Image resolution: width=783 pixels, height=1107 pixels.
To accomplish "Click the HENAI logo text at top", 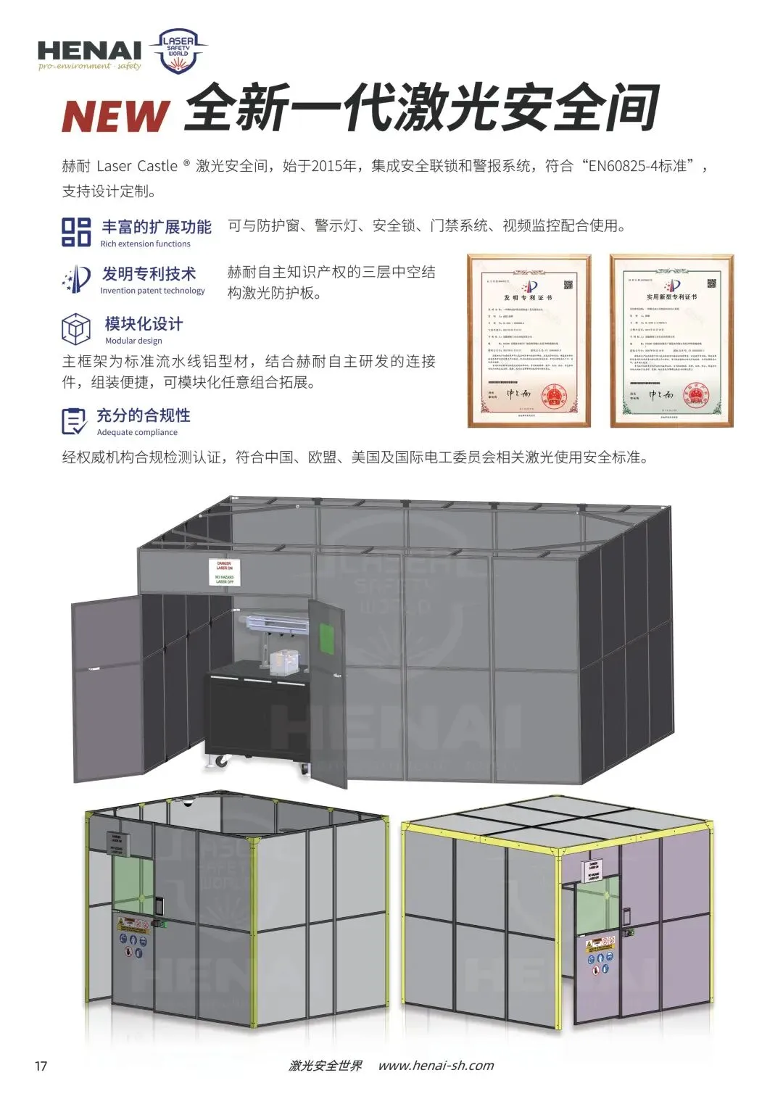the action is click(89, 50).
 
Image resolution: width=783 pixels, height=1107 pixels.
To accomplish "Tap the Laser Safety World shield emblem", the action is click(178, 51).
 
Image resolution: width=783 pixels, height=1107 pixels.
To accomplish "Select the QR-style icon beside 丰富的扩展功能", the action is click(76, 231).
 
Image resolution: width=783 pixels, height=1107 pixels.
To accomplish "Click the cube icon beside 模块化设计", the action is click(76, 329).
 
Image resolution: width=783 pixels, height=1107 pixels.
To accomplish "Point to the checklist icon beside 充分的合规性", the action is click(74, 421).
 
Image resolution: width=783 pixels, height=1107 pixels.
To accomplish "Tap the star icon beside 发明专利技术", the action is click(77, 279).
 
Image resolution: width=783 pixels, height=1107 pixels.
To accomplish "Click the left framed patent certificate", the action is click(529, 341).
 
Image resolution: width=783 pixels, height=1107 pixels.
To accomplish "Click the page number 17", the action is click(41, 1066).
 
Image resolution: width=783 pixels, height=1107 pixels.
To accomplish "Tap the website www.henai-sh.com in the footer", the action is click(436, 1066).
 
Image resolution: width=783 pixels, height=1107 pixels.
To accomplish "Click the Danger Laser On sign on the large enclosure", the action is click(225, 572).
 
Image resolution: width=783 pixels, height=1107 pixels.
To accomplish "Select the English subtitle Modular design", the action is click(133, 341).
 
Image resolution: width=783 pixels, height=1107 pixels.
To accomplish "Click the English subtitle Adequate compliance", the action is click(137, 432).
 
